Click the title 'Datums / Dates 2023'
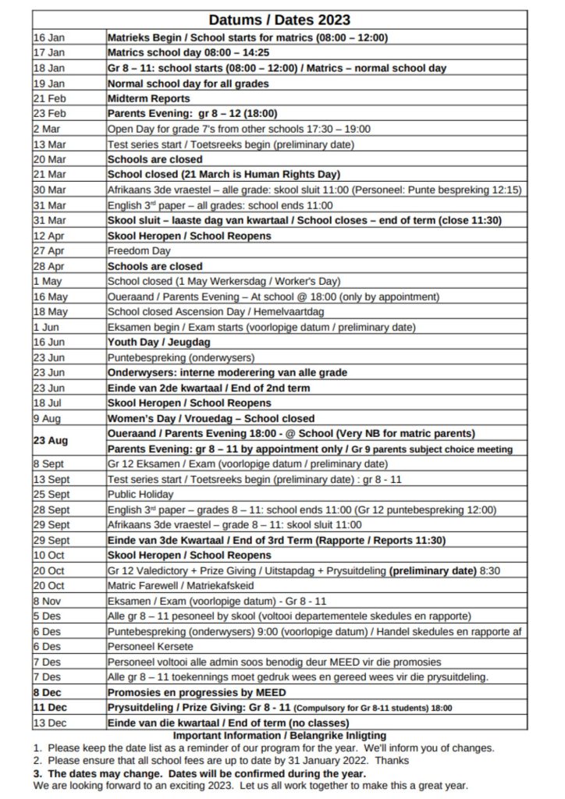pos(279,20)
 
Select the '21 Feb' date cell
pos(48,98)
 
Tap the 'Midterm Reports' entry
pos(148,98)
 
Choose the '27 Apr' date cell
pos(48,250)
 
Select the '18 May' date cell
pos(49,311)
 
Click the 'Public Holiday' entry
pos(140,494)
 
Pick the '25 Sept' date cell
pos(51,494)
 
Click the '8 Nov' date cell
pos(47,601)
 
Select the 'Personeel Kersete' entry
pos(147,646)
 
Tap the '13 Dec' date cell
pos(48,723)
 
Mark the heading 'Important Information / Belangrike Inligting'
pos(279,735)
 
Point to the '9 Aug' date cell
pos(46,417)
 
